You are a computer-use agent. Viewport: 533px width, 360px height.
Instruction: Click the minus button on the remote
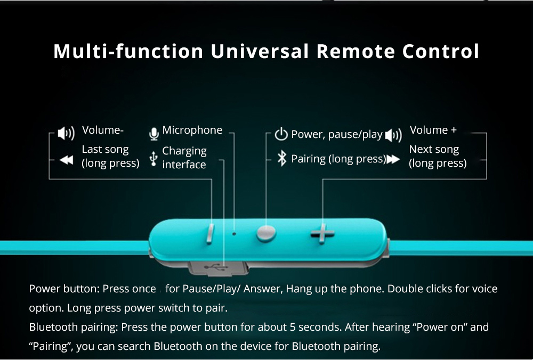(210, 234)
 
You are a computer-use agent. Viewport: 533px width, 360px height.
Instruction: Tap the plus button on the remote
(322, 234)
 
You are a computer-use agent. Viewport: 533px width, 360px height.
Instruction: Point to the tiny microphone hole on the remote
(234, 234)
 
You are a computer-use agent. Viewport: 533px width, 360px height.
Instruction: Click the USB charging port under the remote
(218, 268)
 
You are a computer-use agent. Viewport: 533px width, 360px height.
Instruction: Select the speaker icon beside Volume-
(66, 133)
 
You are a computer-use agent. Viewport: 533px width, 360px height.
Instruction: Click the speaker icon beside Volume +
(394, 135)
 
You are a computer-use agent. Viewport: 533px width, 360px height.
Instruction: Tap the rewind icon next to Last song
(66, 160)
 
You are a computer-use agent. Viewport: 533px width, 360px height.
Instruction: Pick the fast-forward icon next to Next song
(393, 159)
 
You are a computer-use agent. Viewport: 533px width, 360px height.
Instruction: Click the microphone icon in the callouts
(154, 134)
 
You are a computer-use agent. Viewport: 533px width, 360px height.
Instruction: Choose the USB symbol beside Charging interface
(154, 159)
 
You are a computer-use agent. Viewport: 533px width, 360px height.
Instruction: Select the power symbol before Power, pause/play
(281, 134)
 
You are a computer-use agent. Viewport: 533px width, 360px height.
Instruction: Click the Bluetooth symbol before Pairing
(282, 159)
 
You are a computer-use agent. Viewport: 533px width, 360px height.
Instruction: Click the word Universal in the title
(260, 51)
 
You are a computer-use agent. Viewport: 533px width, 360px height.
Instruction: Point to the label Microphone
(192, 130)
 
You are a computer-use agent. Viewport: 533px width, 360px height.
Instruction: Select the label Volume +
(433, 130)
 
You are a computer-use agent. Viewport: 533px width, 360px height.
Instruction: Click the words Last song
(106, 150)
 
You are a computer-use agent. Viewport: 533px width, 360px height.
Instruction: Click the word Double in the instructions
(405, 289)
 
